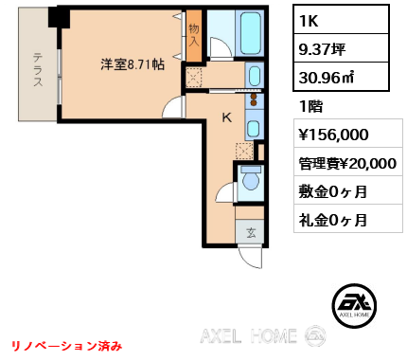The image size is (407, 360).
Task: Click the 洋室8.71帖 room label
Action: coord(133,64)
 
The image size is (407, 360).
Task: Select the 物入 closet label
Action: coord(193,36)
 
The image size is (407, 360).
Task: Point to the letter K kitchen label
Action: coord(226,119)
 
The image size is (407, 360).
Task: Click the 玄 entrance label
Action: coord(251,231)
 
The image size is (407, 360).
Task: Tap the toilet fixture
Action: coord(251,178)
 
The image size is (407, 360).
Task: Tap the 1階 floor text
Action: coord(310,107)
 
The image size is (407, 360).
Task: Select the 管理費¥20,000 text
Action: coord(346,162)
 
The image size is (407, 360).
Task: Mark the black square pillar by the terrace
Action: coord(59,16)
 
